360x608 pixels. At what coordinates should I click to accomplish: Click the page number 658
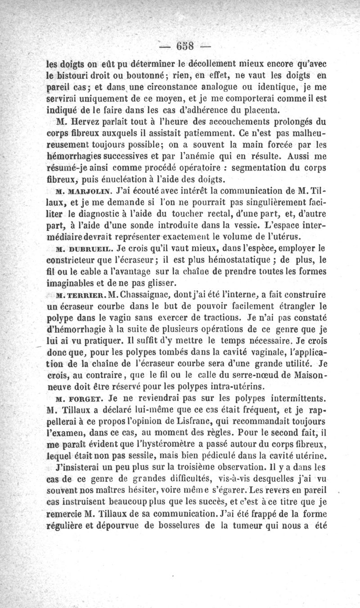(x=185, y=46)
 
